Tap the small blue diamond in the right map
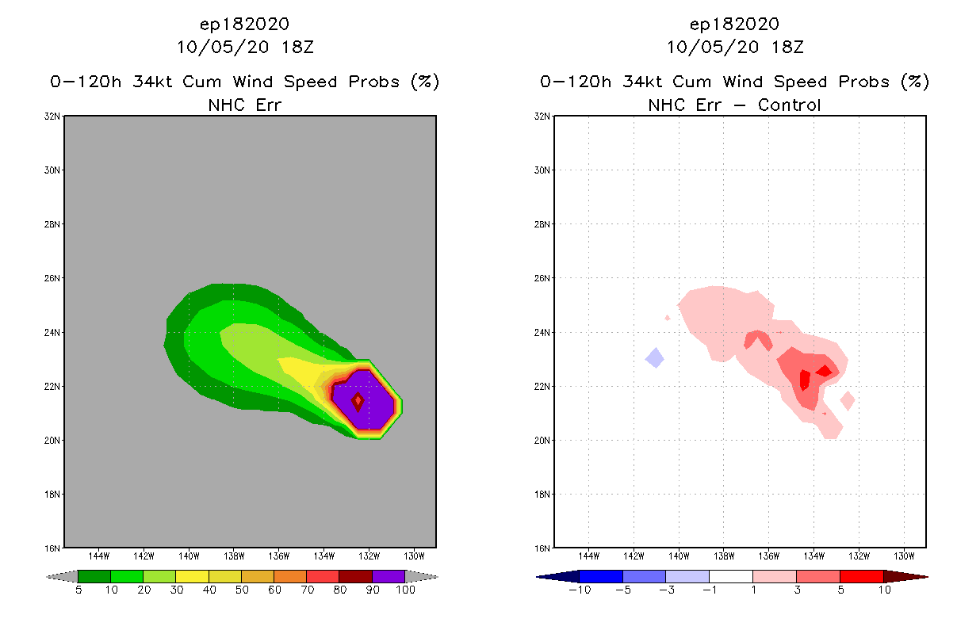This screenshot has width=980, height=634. [x=655, y=357]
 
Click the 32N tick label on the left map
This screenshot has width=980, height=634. [x=54, y=116]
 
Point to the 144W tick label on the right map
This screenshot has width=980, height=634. [x=589, y=555]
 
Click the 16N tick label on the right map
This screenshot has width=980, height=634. [x=544, y=548]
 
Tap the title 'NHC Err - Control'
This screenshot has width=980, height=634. [x=734, y=105]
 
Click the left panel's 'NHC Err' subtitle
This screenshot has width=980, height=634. [x=244, y=105]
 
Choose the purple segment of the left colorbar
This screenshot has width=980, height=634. [x=389, y=576]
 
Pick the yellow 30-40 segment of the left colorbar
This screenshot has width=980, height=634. [x=192, y=576]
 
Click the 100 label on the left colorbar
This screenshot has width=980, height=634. [x=405, y=590]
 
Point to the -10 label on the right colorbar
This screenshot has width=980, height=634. [x=579, y=590]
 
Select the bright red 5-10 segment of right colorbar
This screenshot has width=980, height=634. [x=861, y=576]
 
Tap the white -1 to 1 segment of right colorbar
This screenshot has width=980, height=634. [x=730, y=576]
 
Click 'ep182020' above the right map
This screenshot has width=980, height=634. [x=734, y=24]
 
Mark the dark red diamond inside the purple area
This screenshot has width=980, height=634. [x=358, y=401]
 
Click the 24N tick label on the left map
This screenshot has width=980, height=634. [x=54, y=332]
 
